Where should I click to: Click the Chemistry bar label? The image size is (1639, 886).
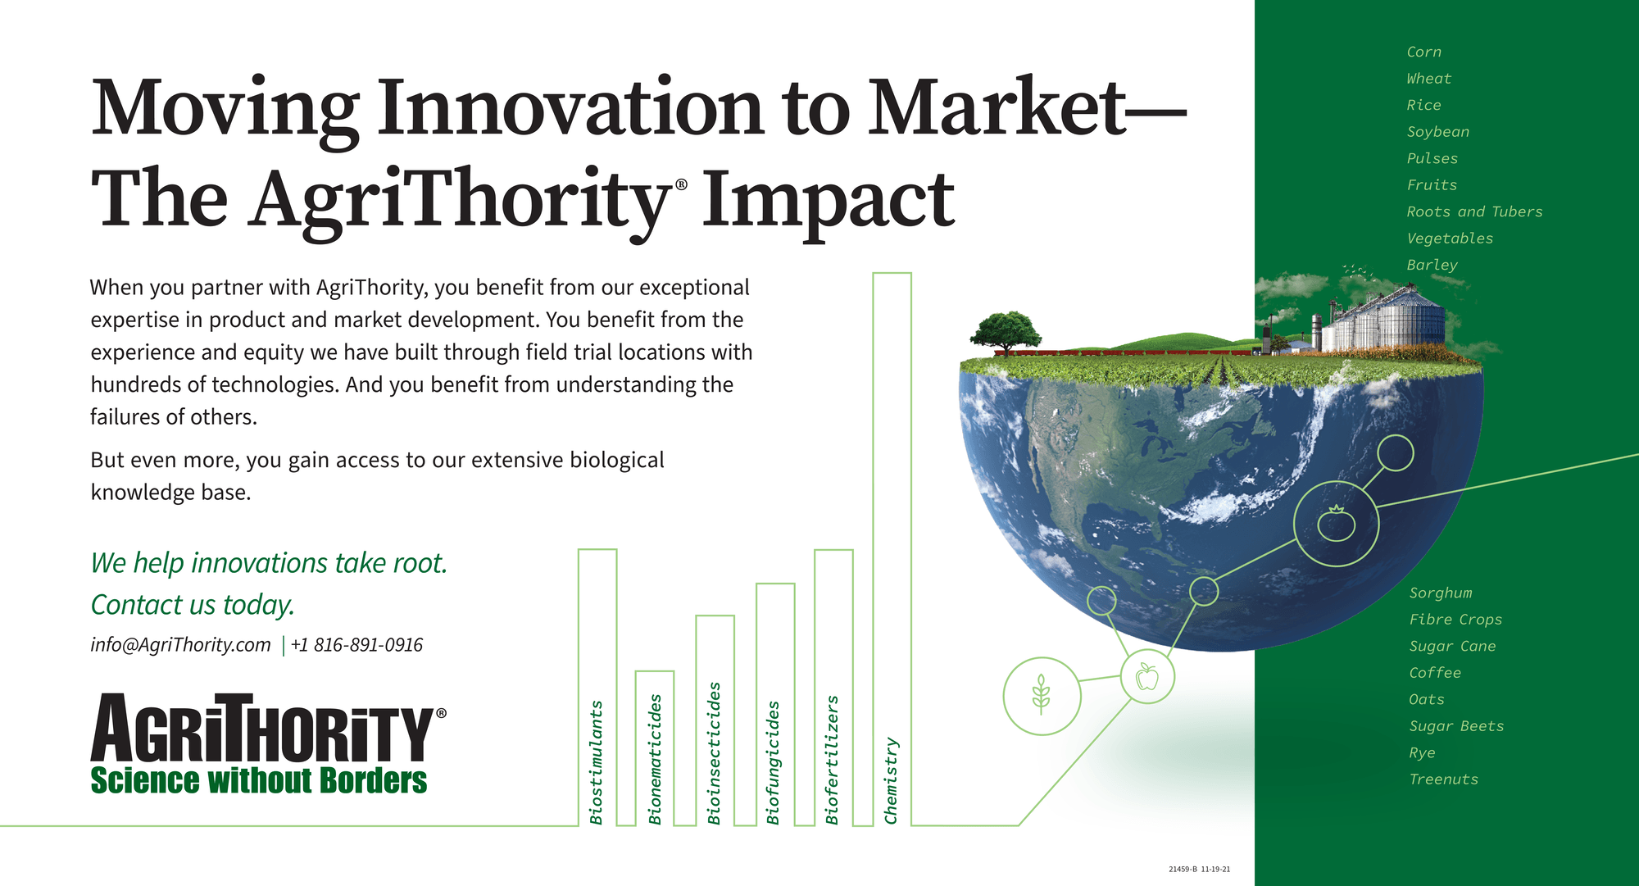(x=892, y=780)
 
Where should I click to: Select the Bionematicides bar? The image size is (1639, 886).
(x=655, y=748)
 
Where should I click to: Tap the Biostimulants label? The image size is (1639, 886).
(x=597, y=762)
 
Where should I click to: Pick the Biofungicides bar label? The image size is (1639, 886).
(x=773, y=762)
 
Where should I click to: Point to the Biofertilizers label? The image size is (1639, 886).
(x=833, y=760)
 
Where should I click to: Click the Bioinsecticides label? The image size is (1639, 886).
(x=715, y=753)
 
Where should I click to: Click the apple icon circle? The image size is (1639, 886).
(x=1147, y=677)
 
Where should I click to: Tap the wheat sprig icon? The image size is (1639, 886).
(x=1041, y=695)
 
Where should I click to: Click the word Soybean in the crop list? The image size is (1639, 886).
(x=1438, y=132)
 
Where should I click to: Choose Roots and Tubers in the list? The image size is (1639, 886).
(x=1474, y=211)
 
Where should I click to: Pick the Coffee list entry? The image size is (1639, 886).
(x=1435, y=673)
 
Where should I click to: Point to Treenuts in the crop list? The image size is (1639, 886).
(x=1444, y=779)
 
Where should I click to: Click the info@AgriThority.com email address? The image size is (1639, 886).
(x=180, y=645)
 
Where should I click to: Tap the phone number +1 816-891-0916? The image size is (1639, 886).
(x=356, y=645)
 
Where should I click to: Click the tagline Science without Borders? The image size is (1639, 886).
(x=259, y=780)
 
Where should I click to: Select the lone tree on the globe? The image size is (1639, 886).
(x=1006, y=333)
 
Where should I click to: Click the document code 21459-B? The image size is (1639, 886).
(x=1183, y=869)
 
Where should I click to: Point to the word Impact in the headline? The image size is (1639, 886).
(x=828, y=201)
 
